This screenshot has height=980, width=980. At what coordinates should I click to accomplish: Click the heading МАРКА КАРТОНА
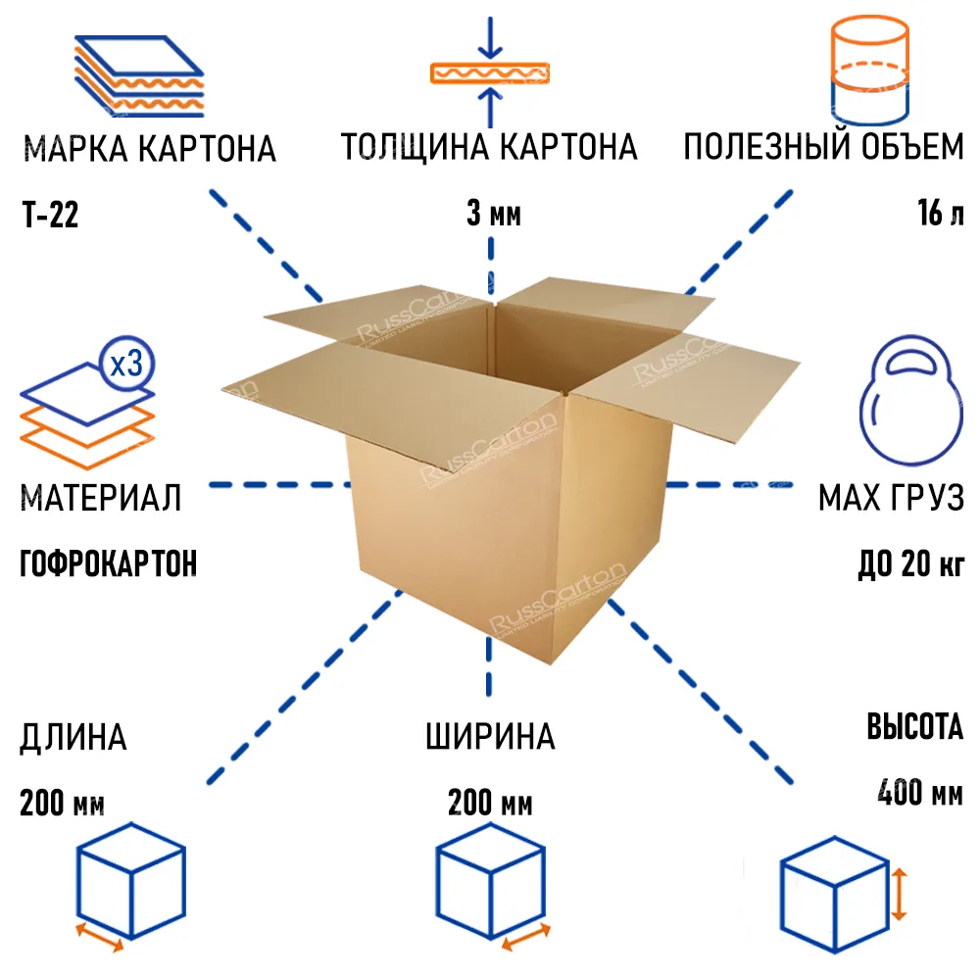point(150,149)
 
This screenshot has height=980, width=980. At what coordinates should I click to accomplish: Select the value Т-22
point(51,215)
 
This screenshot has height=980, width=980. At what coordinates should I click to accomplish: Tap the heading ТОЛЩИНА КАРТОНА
point(489,147)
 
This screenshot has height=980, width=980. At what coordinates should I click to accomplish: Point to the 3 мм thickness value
point(494,213)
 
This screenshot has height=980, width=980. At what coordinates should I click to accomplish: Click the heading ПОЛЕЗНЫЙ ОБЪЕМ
point(823,146)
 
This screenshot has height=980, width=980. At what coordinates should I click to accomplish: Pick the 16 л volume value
point(941,213)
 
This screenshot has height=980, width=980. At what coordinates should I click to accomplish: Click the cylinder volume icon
point(869,70)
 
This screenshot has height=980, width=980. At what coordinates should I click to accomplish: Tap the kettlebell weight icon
point(911,401)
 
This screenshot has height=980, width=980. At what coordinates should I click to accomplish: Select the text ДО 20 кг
point(910,563)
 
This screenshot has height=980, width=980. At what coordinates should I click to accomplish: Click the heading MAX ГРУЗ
point(891,498)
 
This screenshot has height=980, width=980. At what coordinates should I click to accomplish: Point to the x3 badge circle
point(126,364)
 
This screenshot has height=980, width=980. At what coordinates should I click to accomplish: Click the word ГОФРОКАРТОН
point(109,563)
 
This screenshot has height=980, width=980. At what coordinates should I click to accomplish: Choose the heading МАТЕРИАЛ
point(101,498)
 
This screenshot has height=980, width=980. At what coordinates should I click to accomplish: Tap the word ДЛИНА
point(73,738)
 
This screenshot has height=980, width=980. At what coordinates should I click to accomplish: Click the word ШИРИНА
point(491,736)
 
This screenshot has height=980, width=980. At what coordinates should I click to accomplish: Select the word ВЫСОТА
point(915,726)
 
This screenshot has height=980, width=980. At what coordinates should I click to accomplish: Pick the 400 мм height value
point(920,792)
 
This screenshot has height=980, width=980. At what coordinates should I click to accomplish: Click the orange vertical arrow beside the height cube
point(899,894)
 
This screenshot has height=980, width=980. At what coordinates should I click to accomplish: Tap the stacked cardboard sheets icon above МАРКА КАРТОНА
point(139,76)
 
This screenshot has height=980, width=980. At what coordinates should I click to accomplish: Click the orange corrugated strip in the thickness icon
point(490,73)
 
